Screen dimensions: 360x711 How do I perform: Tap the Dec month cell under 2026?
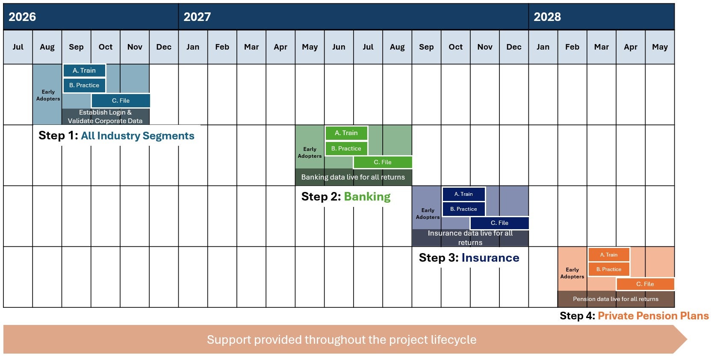[164, 47]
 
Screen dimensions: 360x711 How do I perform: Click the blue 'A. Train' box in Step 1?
[84, 71]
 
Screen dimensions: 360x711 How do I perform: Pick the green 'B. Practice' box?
[346, 148]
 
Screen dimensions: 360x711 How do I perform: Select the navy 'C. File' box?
[499, 223]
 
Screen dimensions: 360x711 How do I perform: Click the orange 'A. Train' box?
[609, 255]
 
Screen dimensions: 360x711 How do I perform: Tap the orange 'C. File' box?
[645, 284]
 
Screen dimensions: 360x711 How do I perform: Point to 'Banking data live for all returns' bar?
[353, 177]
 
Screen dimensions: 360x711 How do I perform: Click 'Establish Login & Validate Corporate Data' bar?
[105, 116]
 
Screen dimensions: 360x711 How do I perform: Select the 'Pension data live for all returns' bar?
[616, 299]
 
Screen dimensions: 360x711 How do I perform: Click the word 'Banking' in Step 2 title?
[367, 197]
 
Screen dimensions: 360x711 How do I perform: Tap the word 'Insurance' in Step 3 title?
[490, 258]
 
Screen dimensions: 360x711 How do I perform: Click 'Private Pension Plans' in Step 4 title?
[653, 316]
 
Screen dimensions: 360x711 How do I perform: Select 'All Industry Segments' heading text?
[138, 136]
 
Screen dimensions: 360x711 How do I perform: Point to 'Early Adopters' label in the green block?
[310, 153]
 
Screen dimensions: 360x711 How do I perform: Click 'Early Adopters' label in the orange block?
[572, 273]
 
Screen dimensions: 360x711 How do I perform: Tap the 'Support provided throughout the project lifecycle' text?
[342, 339]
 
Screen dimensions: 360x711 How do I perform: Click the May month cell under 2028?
[660, 47]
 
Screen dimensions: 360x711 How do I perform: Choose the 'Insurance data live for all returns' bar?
[470, 238]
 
